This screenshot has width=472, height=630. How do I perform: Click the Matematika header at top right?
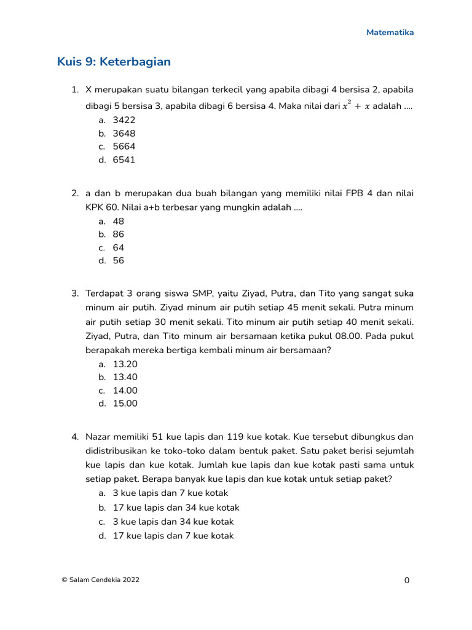coord(390,33)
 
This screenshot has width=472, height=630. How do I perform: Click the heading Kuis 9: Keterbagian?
coord(114,62)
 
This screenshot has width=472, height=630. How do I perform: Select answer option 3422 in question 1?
coord(124,120)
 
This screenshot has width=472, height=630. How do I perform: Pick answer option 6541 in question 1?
coord(124,160)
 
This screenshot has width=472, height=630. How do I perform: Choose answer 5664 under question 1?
coord(124,146)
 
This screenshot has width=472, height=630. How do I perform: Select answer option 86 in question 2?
coord(119,234)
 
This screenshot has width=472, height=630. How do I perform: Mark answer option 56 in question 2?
coord(119,261)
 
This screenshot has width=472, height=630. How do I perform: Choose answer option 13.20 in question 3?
coord(125,364)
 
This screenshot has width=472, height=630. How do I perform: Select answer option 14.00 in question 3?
coord(125,391)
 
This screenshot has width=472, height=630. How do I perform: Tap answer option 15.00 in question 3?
coord(125,404)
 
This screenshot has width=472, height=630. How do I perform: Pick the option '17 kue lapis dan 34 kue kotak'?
coord(176,508)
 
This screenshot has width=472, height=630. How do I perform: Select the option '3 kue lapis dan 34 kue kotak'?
coord(173,522)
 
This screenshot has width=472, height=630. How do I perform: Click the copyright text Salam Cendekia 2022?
coord(100,580)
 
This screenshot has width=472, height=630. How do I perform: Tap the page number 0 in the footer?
coord(406,580)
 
